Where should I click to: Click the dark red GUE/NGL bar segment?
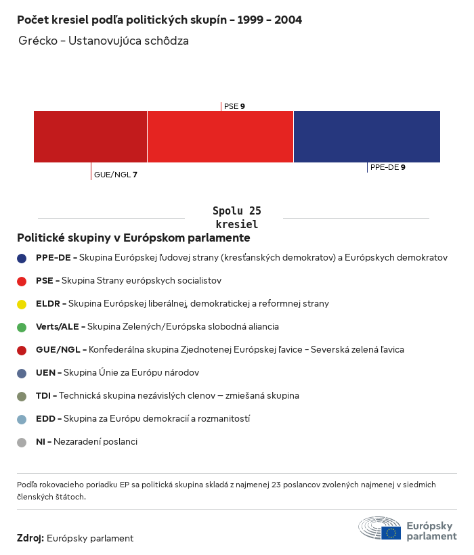tap(90, 137)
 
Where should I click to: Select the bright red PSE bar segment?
tap(220, 137)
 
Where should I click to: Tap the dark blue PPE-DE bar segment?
tap(366, 137)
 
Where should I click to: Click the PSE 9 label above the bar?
tap(234, 106)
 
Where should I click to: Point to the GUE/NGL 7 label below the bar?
tap(115, 175)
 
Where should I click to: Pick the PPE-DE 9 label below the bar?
tap(387, 166)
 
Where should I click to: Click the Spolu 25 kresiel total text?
tap(236, 217)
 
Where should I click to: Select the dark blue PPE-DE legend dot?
tap(22, 258)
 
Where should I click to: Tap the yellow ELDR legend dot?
tap(22, 304)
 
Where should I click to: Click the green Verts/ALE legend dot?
tap(22, 327)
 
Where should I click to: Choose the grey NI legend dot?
tap(22, 442)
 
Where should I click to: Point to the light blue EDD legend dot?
tap(22, 419)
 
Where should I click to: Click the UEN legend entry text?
tap(117, 373)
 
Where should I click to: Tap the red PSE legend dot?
tap(22, 281)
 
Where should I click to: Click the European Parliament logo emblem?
tap(380, 528)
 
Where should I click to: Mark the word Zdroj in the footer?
tap(30, 538)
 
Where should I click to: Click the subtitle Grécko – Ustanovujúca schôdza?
tap(104, 41)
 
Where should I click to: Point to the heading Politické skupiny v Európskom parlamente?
tap(133, 238)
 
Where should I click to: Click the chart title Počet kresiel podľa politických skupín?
tap(159, 20)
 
